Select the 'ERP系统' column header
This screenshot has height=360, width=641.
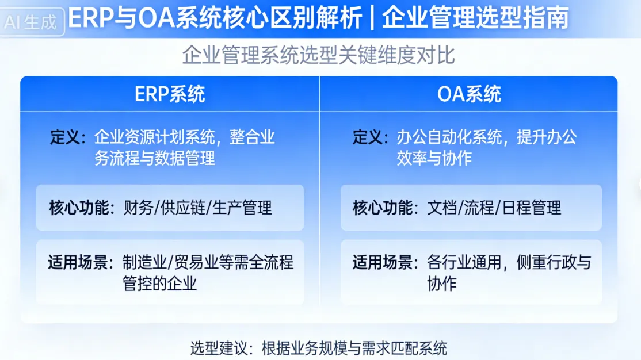pyautogui.click(x=170, y=94)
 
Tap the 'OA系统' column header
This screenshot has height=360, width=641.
pyautogui.click(x=469, y=94)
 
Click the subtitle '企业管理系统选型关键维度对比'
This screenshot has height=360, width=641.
pyautogui.click(x=319, y=55)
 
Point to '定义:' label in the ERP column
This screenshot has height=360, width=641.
pyautogui.click(x=68, y=137)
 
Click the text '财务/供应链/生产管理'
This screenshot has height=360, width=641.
pyautogui.click(x=198, y=208)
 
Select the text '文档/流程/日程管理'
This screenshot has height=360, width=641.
pyautogui.click(x=494, y=208)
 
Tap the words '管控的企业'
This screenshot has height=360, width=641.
pyautogui.click(x=160, y=284)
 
